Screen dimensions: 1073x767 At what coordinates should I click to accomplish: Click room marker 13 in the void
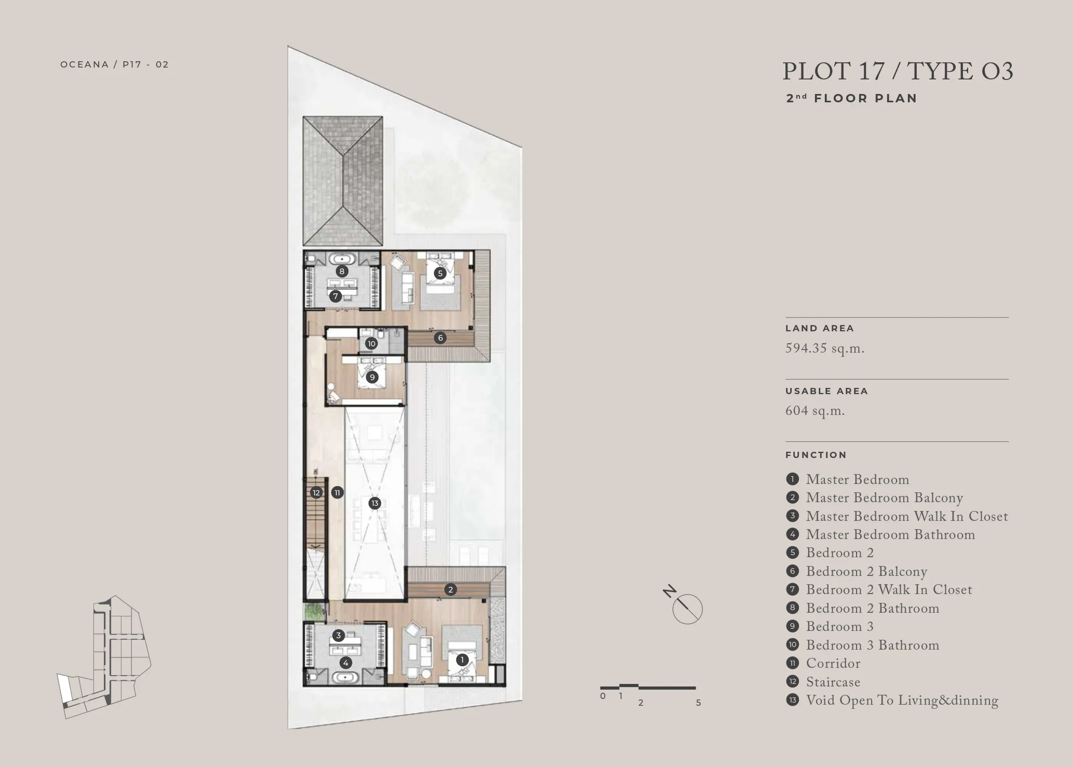(x=375, y=503)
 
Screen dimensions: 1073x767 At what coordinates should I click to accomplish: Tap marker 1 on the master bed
(x=462, y=660)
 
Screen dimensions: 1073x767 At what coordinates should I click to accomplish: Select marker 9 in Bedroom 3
(x=372, y=377)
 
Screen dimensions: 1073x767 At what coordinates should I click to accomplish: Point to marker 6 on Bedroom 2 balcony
(x=440, y=338)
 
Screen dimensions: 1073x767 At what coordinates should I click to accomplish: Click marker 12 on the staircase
(x=316, y=492)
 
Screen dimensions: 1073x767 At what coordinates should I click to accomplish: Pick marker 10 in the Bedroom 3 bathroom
(x=371, y=343)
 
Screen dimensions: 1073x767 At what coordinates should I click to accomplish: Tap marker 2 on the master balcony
(x=451, y=589)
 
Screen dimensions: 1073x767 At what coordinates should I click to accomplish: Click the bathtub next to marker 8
(x=342, y=258)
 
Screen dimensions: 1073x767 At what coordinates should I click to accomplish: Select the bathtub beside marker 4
(x=343, y=677)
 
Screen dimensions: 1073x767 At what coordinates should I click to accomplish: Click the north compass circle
(x=687, y=609)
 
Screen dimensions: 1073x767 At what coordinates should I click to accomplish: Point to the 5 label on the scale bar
(x=698, y=703)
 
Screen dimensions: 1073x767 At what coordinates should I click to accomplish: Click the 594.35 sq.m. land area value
(x=825, y=348)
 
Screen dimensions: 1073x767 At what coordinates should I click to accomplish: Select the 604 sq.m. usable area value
(x=815, y=411)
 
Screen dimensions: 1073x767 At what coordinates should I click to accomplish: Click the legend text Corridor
(x=833, y=664)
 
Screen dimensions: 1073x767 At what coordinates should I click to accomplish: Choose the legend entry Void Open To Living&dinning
(x=902, y=701)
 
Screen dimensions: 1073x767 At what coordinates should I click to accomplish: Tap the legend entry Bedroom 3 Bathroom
(x=873, y=645)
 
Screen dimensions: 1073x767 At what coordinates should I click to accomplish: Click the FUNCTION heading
(x=816, y=455)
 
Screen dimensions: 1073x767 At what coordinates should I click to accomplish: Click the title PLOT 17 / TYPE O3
(x=898, y=71)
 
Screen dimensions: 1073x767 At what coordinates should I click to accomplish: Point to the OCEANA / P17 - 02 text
(x=115, y=64)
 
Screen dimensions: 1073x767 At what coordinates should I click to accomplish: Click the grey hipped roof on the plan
(x=343, y=181)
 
